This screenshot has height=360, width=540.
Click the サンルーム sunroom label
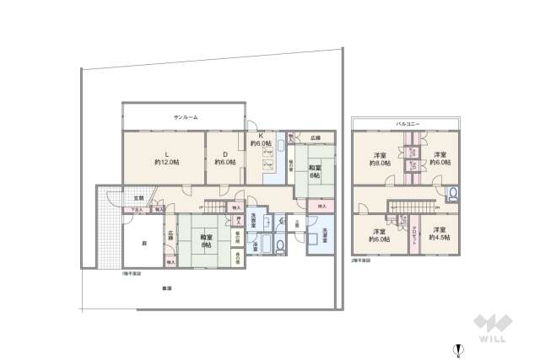click(185, 117)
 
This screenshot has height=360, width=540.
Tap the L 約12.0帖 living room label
click(165, 157)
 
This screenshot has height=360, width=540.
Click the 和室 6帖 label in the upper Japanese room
click(314, 170)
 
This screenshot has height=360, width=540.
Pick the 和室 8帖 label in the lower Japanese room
click(206, 241)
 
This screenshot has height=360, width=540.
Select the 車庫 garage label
click(167, 288)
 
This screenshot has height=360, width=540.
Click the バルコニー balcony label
click(408, 124)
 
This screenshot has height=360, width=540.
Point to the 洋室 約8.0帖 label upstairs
click(380, 159)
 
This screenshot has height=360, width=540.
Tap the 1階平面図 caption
click(131, 273)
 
